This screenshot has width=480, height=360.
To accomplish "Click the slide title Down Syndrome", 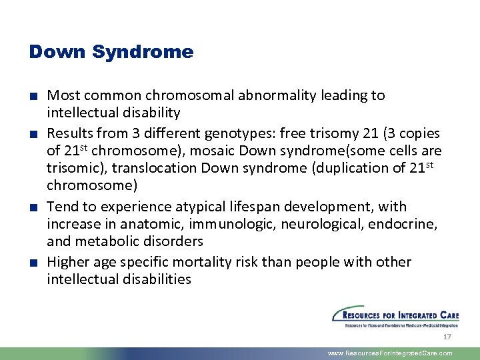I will pos(111,52).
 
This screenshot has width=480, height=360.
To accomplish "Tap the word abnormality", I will pos(274,95).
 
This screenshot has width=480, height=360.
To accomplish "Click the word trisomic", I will pos(71,169).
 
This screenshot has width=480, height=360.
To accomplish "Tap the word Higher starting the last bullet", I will pos(68,262).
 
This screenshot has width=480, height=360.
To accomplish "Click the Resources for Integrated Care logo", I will pos(395,317).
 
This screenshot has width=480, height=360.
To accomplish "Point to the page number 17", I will pos(447,337).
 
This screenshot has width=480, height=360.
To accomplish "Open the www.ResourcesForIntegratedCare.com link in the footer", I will pos(390,353).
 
